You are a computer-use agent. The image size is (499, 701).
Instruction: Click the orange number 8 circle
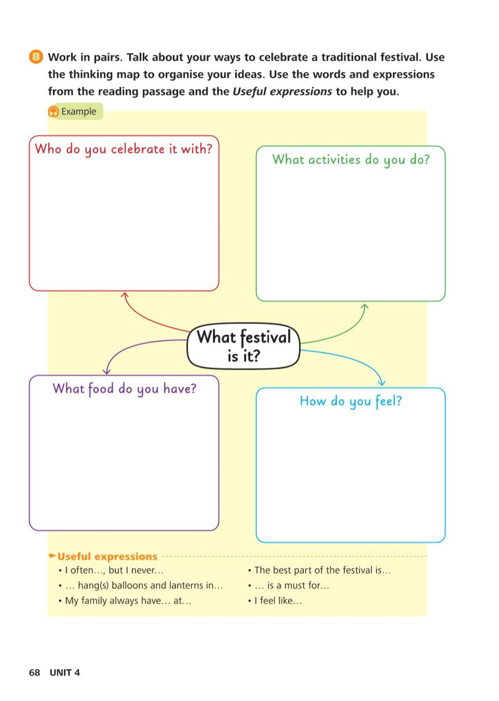(x=36, y=57)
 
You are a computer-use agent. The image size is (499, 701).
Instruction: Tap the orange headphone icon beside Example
(x=53, y=111)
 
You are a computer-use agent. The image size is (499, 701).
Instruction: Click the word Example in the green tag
(x=79, y=111)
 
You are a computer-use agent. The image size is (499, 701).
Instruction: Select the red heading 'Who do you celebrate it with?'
(x=124, y=149)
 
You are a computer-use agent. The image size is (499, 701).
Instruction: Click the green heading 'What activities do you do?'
(x=351, y=160)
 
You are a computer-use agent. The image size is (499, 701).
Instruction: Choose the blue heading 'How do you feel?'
(x=351, y=401)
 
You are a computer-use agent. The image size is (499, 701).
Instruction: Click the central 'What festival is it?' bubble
(x=243, y=346)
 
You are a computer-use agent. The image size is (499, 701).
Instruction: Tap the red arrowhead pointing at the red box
(x=124, y=295)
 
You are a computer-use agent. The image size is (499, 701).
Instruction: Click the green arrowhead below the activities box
(x=365, y=307)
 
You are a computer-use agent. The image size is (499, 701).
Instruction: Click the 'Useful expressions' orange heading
(x=107, y=556)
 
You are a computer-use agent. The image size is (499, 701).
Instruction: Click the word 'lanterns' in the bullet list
(x=185, y=585)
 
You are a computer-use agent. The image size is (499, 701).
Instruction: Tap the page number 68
(x=35, y=672)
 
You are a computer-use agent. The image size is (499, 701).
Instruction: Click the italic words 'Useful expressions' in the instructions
(x=282, y=92)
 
